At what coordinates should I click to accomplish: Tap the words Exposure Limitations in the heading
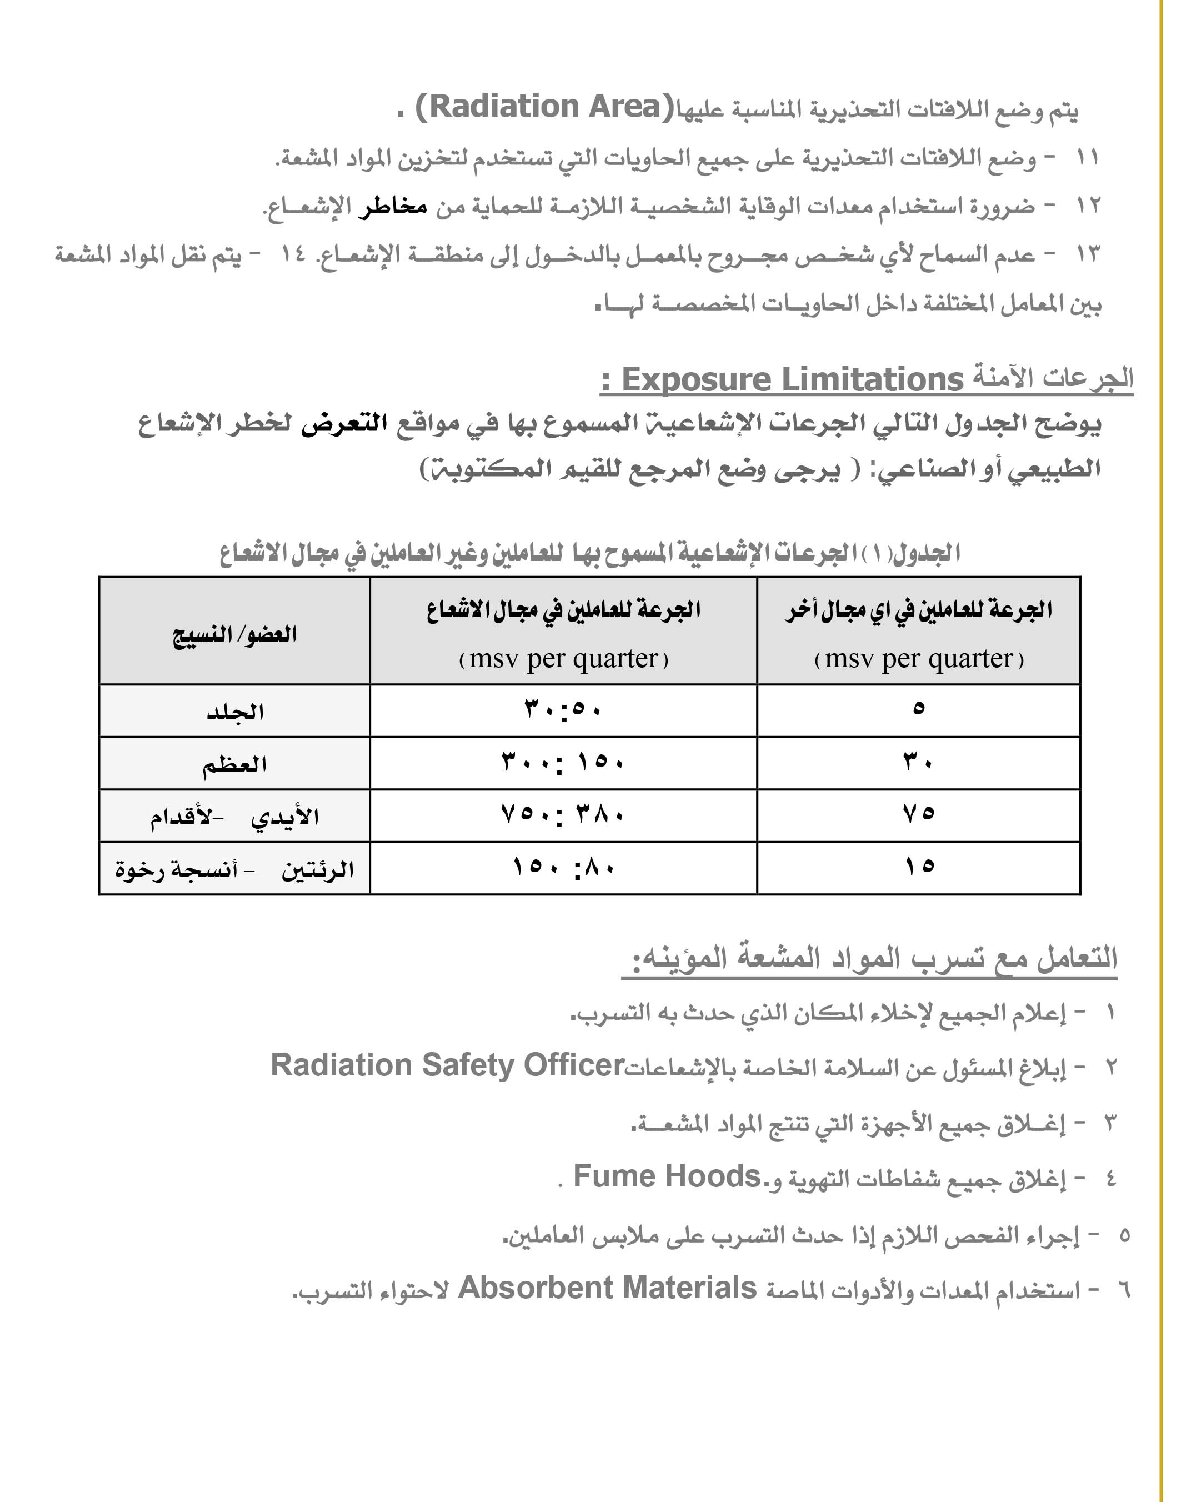792,380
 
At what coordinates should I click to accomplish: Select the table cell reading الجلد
234,711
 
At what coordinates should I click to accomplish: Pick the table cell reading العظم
234,764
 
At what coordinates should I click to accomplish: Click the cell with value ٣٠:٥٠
562,710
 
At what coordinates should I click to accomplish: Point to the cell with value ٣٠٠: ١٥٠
562,763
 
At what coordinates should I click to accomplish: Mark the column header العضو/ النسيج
234,634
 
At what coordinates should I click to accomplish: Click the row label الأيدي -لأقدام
234,817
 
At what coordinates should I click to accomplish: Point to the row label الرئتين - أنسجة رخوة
234,869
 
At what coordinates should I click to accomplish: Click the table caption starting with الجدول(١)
589,553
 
